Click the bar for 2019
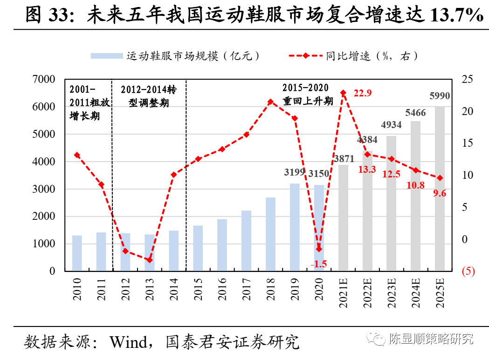[295, 227]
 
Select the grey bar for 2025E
[440, 189]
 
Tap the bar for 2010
[77, 253]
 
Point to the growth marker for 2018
[270, 102]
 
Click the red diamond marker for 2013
[149, 260]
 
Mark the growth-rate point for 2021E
[343, 93]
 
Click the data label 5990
[440, 96]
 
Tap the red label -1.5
[319, 264]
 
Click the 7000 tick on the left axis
[44, 80]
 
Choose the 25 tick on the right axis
[467, 80]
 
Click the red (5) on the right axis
[468, 271]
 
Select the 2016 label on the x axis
[222, 289]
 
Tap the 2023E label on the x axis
[392, 292]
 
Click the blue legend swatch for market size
[106, 56]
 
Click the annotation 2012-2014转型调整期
[149, 96]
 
